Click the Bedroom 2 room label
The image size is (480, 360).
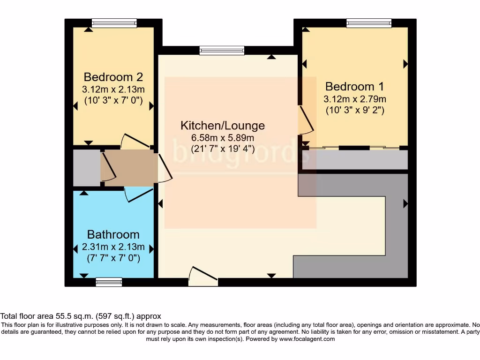(113, 77)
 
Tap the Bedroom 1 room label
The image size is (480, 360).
(354, 87)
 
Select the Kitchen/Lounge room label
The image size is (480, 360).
(223, 126)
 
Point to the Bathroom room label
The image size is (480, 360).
(113, 234)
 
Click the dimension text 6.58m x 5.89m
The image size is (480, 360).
(223, 138)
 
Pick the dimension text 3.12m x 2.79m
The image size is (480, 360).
(354, 99)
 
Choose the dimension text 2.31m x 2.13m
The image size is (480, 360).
(113, 247)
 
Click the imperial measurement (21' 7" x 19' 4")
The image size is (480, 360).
(223, 149)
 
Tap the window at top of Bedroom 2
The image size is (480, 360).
(114, 23)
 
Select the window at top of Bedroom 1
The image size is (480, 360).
(369, 23)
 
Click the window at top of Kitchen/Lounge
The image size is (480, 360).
(222, 50)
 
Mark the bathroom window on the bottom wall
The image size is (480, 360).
(109, 282)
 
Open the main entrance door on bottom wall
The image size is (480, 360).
(203, 276)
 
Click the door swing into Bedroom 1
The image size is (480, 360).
(306, 120)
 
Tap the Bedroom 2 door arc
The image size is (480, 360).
(135, 141)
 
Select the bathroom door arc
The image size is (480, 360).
(139, 195)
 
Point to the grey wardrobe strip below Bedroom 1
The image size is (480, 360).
(355, 160)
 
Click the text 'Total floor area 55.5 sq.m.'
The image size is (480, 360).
(47, 316)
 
